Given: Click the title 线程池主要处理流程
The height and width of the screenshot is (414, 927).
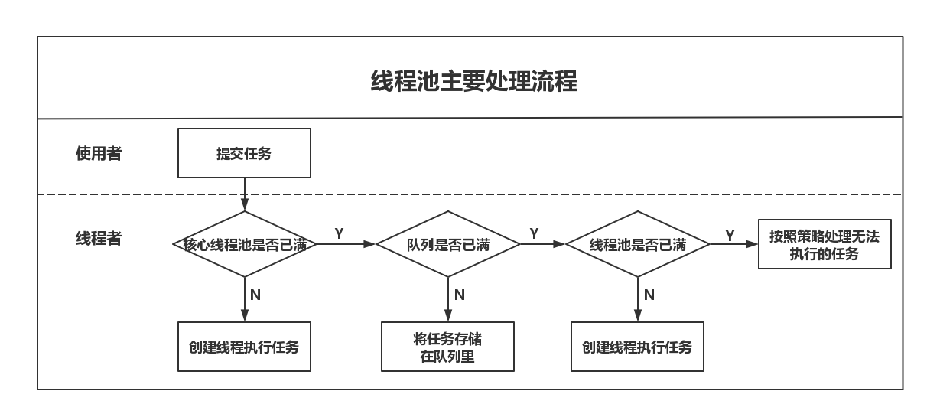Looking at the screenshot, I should (473, 80).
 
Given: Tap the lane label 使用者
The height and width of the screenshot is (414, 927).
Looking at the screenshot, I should (99, 154).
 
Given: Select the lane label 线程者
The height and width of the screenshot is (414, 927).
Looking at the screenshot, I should (99, 239).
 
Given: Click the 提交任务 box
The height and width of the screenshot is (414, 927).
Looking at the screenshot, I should (244, 153).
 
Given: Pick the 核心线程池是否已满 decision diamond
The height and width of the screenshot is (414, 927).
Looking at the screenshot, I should (245, 244).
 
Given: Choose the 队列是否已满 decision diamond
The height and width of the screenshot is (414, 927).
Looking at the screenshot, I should (448, 244).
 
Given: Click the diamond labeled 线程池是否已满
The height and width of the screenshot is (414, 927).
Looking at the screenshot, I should (638, 244).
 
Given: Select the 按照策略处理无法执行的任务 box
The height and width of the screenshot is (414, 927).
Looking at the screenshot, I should (825, 245).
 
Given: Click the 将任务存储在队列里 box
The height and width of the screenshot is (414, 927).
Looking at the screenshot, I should (447, 347).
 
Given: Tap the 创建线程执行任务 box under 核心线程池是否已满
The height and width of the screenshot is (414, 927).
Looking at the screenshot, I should (244, 347).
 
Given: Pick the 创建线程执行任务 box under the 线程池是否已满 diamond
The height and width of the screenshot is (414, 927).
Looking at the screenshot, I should (637, 347).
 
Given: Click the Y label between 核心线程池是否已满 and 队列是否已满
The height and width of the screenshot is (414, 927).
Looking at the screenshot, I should (339, 233).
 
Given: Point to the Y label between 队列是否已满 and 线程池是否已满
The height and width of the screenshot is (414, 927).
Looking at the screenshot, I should (534, 233).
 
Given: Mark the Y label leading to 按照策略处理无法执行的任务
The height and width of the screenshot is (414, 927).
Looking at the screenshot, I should (730, 236).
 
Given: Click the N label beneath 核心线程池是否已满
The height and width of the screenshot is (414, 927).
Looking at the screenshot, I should (255, 295).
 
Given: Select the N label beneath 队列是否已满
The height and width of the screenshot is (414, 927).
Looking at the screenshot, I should (459, 295).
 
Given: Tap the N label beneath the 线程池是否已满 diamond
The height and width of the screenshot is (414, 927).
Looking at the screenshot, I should (649, 295).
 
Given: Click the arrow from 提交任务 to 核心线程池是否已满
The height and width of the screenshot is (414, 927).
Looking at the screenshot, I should (244, 194).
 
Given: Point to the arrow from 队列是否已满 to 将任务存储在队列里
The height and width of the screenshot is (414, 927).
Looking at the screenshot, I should (448, 299).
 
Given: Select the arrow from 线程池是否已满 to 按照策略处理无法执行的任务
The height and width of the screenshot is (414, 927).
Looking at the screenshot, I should (733, 244).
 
